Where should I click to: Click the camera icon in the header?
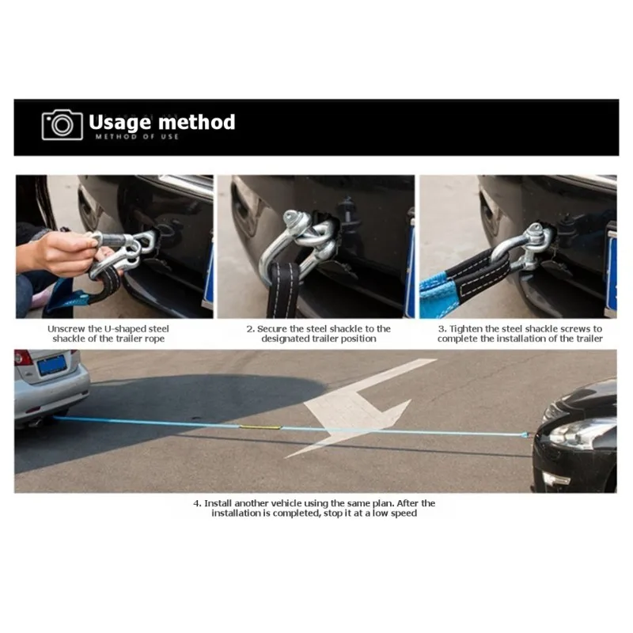pos(63,125)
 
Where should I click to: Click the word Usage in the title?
pos(119,123)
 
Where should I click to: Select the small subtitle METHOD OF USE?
pos(137,137)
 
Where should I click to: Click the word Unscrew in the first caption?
pos(66,329)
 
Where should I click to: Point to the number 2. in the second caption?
pos(250,329)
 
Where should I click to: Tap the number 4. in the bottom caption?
pos(197,503)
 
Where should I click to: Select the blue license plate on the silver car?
pos(51,365)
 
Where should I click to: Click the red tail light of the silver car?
pos(23,358)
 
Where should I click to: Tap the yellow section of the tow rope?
pos(260,427)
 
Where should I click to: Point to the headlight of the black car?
pos(574,433)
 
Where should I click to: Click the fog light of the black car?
pos(556,479)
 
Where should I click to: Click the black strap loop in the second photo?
pos(284,289)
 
